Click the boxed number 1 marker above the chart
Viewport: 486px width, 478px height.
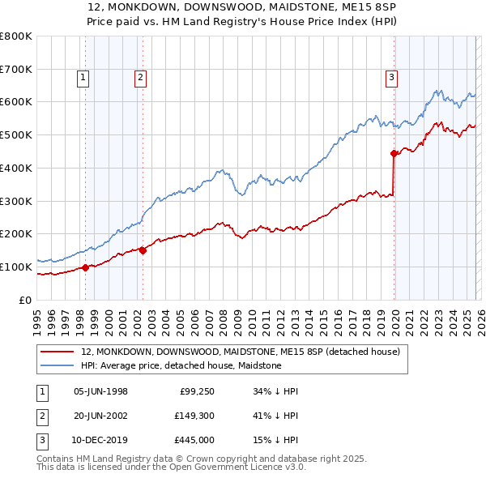pos(84,78)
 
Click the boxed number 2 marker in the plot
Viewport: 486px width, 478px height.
pos(140,78)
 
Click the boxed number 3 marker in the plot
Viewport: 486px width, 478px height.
pos(391,78)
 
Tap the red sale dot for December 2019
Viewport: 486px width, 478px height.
pos(394,153)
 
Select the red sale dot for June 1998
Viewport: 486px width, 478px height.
pos(85,267)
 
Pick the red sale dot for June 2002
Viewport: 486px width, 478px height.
pos(143,250)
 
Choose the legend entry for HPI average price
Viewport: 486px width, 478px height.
pos(181,365)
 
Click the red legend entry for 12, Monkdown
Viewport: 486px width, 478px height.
pos(240,352)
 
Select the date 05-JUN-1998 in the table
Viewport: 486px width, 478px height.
pos(100,391)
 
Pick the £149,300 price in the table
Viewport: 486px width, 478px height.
pos(193,415)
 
